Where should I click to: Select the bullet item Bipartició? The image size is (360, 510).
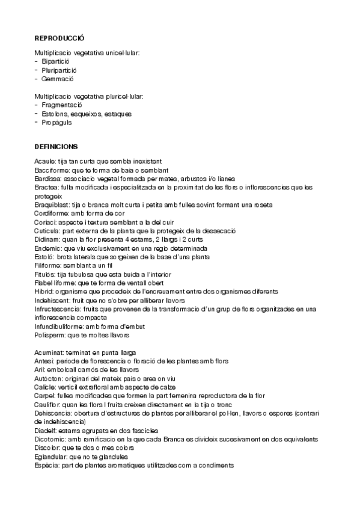pyautogui.click(x=56, y=62)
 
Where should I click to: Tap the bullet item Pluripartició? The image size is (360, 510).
pyautogui.click(x=59, y=70)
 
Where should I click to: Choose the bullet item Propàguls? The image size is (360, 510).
pyautogui.click(x=57, y=122)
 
